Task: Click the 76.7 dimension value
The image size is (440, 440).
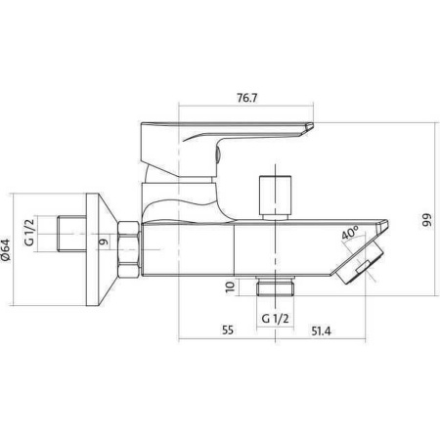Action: click(x=246, y=98)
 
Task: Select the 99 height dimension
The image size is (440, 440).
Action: click(x=426, y=220)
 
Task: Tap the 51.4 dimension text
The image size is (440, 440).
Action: click(x=321, y=331)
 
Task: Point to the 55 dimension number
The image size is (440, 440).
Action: click(x=228, y=330)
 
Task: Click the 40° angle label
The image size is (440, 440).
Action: click(x=350, y=233)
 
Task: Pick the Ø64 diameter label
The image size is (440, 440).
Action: click(x=6, y=250)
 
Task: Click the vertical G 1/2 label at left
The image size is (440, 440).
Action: click(x=29, y=233)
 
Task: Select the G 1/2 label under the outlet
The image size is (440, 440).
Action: click(x=276, y=318)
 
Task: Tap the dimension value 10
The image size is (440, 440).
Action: click(x=230, y=286)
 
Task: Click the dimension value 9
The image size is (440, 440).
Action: click(x=104, y=242)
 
